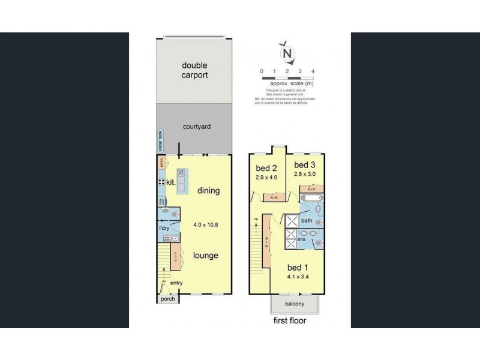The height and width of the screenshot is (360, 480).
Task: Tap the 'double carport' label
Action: (195, 70)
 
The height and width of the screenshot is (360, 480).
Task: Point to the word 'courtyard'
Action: (196, 127)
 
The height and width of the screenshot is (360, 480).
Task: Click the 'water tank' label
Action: (160, 142)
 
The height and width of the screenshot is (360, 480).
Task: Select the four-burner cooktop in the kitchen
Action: (162, 182)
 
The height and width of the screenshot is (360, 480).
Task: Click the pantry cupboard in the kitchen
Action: (161, 162)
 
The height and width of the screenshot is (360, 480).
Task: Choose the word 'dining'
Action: (208, 191)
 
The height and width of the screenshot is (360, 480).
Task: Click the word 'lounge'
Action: (205, 255)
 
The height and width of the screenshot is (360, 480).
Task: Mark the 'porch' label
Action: (166, 299)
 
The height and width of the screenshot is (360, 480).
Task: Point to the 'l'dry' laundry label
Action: (163, 228)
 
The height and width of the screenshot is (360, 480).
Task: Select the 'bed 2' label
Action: (265, 167)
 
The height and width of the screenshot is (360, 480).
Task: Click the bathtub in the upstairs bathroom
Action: (311, 199)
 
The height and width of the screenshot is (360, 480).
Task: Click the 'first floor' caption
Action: (289, 321)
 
